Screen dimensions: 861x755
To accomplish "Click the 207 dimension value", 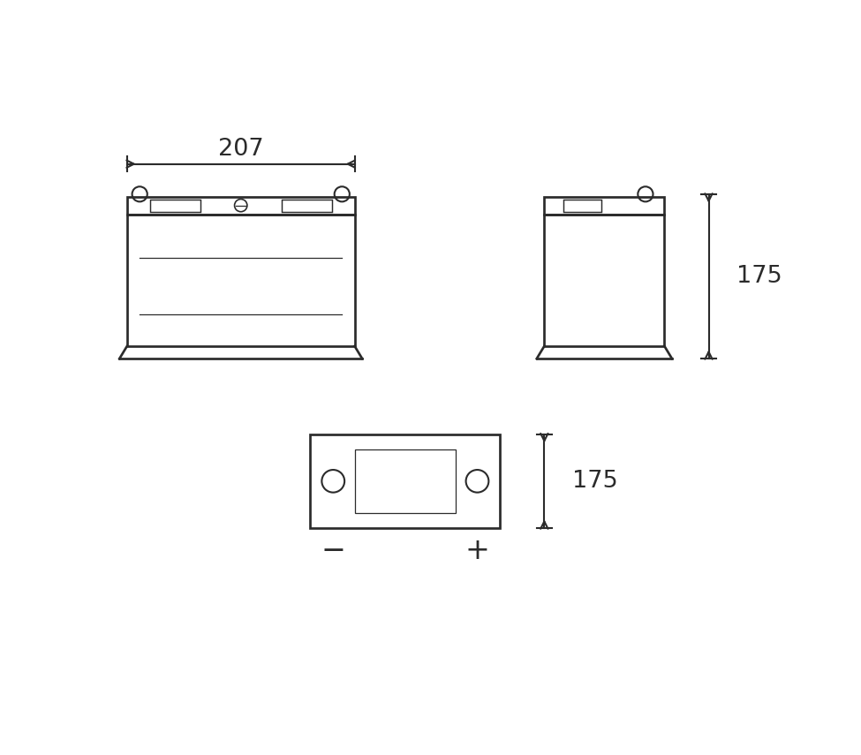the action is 240,147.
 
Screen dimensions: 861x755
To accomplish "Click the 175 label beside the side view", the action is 759,275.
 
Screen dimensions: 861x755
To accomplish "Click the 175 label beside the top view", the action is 594,479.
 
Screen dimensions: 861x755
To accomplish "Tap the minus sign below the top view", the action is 333,549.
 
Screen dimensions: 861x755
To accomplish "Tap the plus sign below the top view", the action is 477,549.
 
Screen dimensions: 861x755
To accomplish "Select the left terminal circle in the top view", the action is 321,481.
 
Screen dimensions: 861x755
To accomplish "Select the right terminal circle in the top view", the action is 465,481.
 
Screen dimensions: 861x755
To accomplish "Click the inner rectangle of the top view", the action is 355,481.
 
